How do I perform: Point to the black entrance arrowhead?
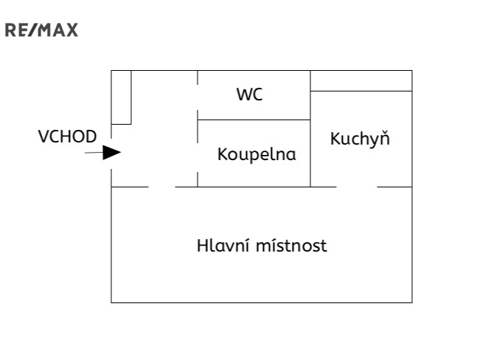[111, 153]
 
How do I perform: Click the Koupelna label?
[257, 155]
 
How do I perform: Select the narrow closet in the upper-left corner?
[121, 97]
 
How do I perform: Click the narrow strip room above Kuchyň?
[361, 80]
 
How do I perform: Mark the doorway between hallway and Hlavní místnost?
[162, 187]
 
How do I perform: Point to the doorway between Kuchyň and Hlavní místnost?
[357, 187]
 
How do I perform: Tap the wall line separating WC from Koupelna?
[254, 120]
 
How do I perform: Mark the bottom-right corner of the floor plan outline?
[411, 302]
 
